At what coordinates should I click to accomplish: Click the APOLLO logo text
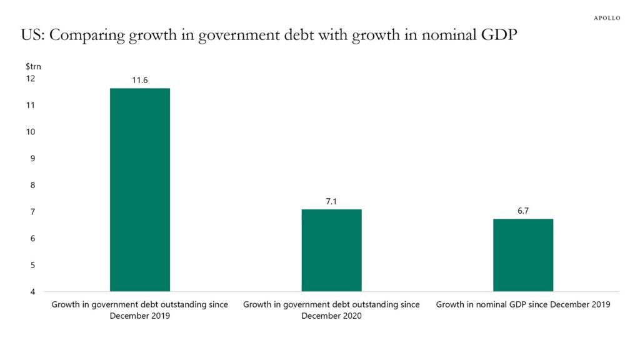tap(606, 18)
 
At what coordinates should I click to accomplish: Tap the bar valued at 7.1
tap(331, 250)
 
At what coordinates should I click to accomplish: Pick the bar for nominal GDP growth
tap(523, 255)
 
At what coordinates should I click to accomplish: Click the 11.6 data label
tap(140, 80)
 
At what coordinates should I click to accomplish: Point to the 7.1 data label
tap(331, 201)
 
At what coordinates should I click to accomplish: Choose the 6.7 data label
tap(523, 211)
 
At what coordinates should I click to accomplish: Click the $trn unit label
tap(33, 66)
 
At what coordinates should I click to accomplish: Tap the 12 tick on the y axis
tap(31, 79)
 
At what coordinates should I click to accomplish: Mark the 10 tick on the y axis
tap(31, 132)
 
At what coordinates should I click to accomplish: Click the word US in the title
tap(31, 36)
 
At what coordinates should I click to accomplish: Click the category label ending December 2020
tap(331, 310)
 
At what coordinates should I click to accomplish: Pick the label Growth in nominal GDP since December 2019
tap(523, 305)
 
